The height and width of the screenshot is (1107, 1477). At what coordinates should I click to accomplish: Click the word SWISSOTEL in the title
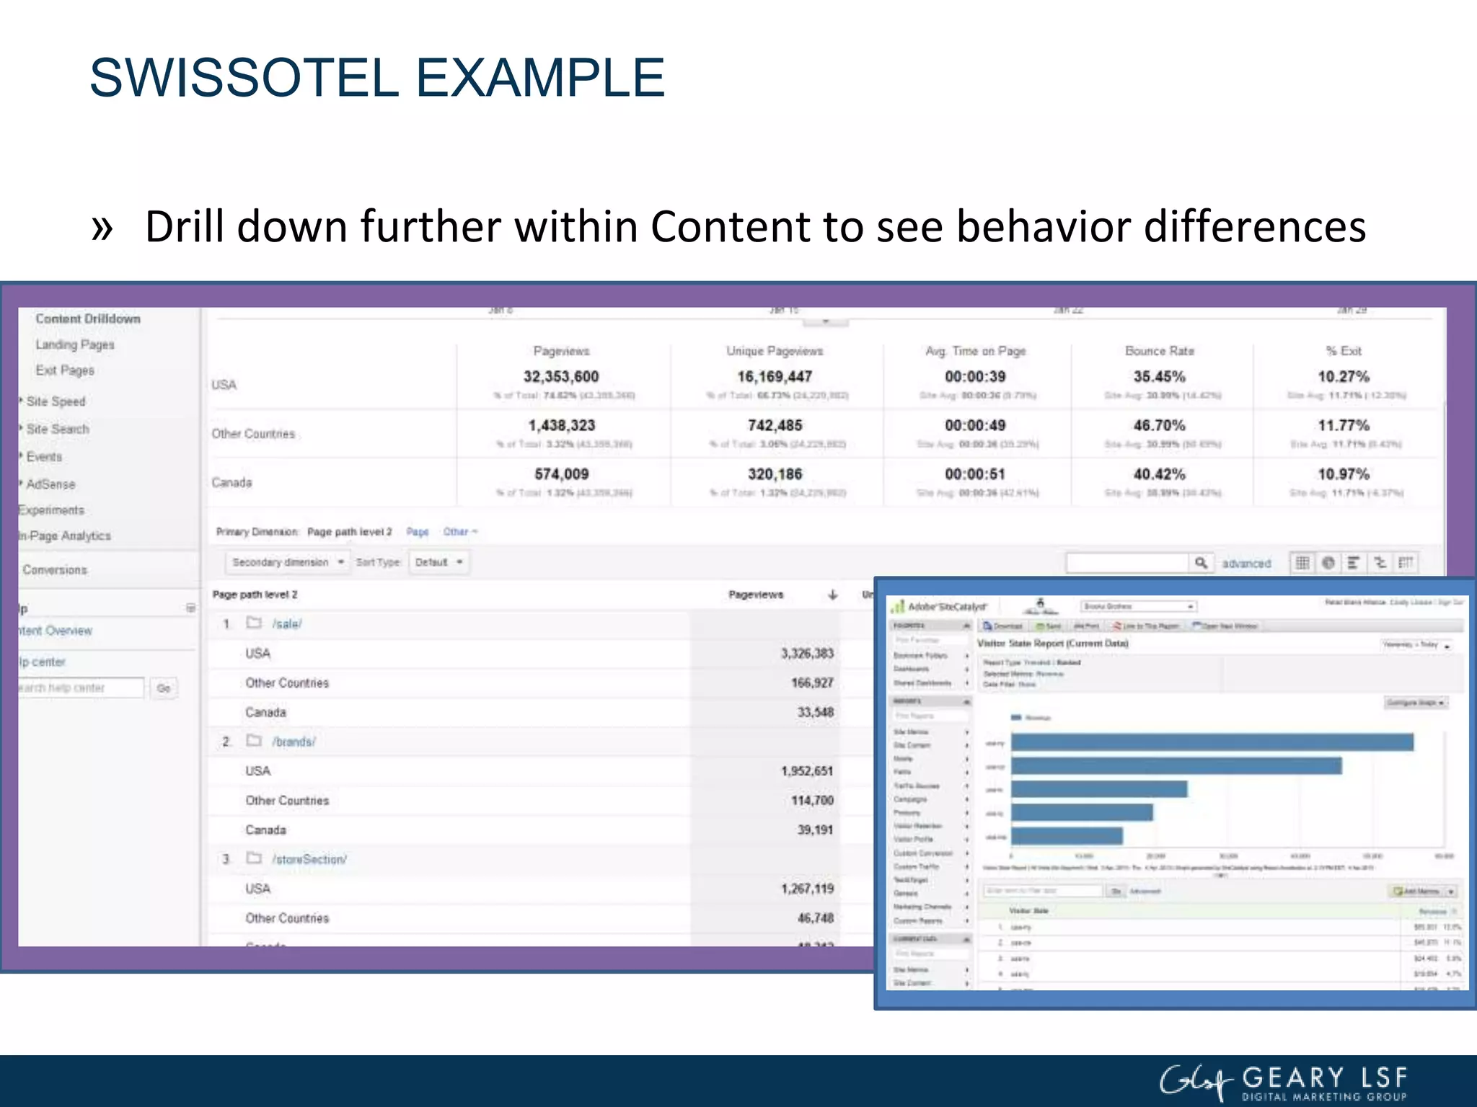point(244,78)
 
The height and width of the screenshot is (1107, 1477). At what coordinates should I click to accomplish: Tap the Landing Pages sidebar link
point(75,344)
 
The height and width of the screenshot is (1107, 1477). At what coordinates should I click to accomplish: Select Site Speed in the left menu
point(56,401)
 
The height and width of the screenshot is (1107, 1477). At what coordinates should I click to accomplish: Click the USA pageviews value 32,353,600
point(561,377)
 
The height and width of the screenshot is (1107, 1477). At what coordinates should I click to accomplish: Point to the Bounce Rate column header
point(1159,351)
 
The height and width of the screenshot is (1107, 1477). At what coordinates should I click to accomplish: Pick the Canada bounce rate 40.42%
point(1159,474)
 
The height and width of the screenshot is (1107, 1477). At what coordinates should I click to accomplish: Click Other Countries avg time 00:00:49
point(975,426)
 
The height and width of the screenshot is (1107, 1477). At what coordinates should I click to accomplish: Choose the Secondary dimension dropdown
point(287,562)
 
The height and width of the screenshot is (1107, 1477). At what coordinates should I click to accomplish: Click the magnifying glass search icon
point(1201,563)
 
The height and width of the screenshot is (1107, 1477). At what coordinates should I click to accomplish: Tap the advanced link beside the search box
point(1246,564)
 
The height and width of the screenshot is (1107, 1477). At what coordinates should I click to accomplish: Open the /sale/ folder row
point(286,624)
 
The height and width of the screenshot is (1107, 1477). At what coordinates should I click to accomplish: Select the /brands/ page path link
point(294,742)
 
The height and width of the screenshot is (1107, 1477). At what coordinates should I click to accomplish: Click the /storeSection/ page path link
point(309,859)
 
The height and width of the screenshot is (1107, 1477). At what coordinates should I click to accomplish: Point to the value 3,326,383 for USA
point(807,654)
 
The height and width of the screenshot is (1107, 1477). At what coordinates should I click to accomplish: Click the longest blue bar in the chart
point(1212,742)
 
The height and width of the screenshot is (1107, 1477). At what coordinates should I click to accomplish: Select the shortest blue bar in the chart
point(1067,836)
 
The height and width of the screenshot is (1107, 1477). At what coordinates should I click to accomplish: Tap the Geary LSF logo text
point(1324,1079)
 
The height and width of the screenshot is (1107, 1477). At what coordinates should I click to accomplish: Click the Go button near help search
point(164,688)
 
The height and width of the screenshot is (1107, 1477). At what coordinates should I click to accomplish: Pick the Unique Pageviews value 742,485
point(775,426)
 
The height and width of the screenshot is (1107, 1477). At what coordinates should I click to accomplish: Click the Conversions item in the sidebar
point(55,570)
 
